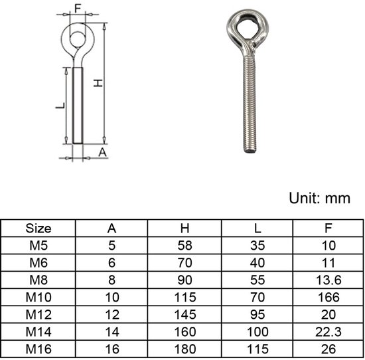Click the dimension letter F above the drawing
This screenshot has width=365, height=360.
pyautogui.click(x=78, y=9)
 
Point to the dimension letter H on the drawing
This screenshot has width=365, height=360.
pyautogui.click(x=98, y=83)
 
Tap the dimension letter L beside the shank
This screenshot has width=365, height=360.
pyautogui.click(x=60, y=106)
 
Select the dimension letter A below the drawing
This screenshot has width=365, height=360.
pyautogui.click(x=102, y=152)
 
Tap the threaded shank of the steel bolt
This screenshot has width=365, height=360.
pyautogui.click(x=250, y=104)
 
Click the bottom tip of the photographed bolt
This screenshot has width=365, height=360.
pyautogui.click(x=250, y=152)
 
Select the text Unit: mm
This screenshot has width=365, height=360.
pyautogui.click(x=320, y=199)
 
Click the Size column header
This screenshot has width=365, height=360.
pyautogui.click(x=38, y=228)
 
